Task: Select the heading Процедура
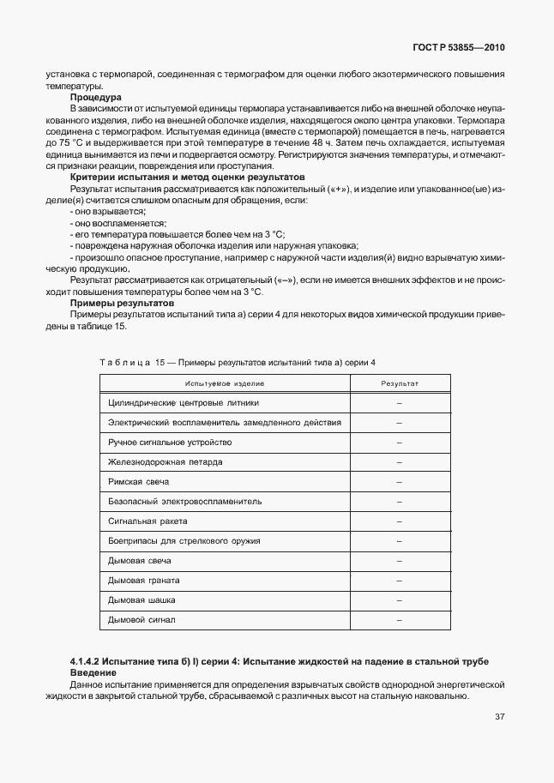(95, 98)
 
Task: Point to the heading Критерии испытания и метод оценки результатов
(187, 177)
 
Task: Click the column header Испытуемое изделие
(224, 383)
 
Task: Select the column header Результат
(399, 383)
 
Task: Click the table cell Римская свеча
(139, 482)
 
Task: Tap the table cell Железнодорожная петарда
(165, 462)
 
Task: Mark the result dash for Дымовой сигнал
(400, 620)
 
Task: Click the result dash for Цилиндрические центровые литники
(400, 402)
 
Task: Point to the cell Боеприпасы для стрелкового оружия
(184, 541)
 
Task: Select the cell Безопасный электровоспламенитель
(184, 502)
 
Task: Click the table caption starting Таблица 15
(238, 363)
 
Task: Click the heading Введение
(93, 673)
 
